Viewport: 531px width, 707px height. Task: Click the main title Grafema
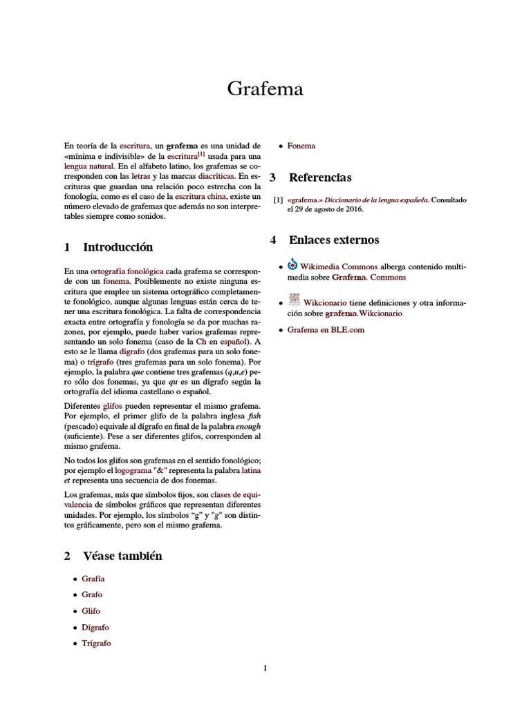[x=265, y=89]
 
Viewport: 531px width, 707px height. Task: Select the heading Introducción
[x=118, y=247]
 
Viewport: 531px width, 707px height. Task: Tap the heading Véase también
[x=122, y=556]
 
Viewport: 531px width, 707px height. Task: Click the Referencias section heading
[x=320, y=177]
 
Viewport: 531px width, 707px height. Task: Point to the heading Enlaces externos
[x=334, y=240]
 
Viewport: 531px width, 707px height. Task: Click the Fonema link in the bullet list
[x=301, y=146]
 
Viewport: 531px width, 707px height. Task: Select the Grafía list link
[x=93, y=579]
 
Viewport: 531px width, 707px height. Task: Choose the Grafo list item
[x=92, y=594]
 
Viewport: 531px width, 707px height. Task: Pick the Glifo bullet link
[x=91, y=611]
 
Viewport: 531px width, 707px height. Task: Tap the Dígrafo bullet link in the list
[x=95, y=627]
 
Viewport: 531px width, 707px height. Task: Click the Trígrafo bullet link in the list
[x=96, y=643]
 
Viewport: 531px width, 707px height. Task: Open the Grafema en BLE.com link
[x=326, y=330]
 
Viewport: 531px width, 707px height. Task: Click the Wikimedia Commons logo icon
[x=292, y=264]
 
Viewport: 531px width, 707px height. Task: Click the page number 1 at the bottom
[x=265, y=668]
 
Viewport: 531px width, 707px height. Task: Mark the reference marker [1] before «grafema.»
[x=278, y=200]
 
